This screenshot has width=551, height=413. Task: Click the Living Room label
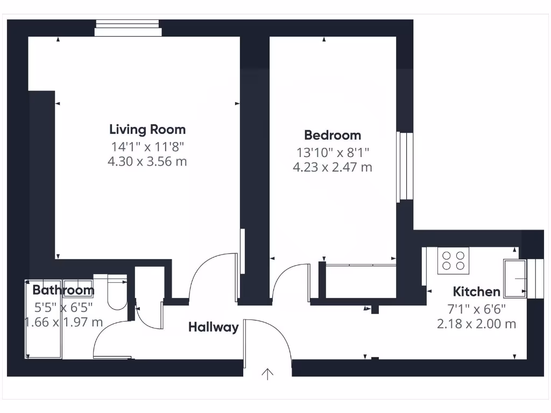(147, 130)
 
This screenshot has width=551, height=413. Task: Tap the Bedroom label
(332, 135)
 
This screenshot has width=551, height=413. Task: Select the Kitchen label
(476, 292)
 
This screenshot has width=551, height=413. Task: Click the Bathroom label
(63, 290)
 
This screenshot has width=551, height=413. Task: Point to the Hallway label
(213, 327)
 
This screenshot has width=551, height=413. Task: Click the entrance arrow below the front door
(267, 374)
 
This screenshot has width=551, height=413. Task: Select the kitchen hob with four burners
(453, 260)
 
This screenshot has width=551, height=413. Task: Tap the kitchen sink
(515, 277)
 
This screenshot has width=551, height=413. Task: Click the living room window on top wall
(128, 28)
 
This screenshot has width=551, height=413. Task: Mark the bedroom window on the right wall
(405, 167)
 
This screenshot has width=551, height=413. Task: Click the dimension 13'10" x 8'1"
(332, 153)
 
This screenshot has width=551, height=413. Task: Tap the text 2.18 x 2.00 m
(476, 324)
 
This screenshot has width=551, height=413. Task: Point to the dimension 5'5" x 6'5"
(63, 307)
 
